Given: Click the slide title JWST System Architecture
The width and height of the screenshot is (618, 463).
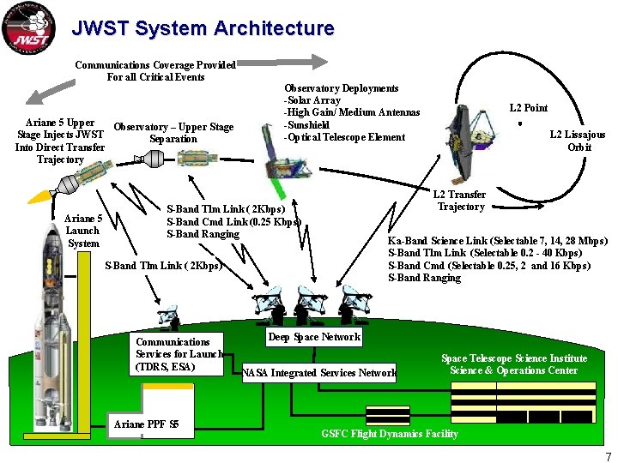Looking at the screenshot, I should [x=203, y=28].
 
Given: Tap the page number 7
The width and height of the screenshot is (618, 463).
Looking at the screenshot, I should [x=608, y=456].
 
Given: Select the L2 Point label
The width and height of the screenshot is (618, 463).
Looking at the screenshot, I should [x=528, y=108].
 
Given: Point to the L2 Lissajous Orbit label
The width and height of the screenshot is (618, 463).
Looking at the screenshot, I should [x=578, y=141].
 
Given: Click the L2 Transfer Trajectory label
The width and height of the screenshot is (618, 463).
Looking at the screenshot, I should [x=460, y=201].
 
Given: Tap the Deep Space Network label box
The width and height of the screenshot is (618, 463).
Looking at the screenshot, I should [x=314, y=337].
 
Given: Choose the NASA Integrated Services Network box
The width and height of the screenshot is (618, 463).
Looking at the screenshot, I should [x=319, y=372].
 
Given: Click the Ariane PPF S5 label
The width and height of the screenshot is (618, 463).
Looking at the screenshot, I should [x=146, y=424].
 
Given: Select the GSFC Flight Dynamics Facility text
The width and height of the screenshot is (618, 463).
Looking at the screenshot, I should [x=390, y=434].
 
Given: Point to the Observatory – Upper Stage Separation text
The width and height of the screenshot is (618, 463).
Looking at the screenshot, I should [x=173, y=133].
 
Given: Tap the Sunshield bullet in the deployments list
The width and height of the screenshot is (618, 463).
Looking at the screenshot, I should [x=307, y=125].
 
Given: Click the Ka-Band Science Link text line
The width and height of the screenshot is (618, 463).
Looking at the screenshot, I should [x=498, y=241].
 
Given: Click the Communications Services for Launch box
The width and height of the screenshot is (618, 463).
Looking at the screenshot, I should [x=179, y=354].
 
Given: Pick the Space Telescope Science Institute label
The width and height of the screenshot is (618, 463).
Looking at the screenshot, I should [x=514, y=364].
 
